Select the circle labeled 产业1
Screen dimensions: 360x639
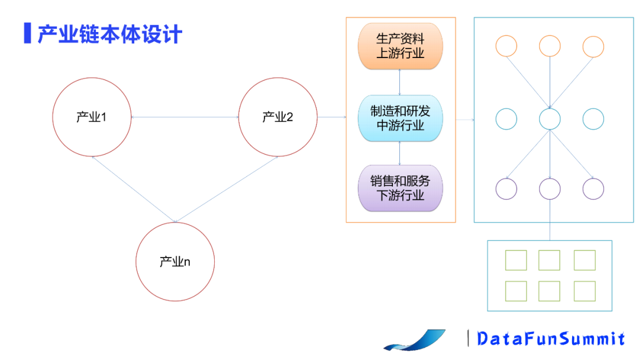tap(92, 117)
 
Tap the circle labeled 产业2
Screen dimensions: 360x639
tap(277, 117)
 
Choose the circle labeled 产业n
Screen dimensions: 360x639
tap(175, 261)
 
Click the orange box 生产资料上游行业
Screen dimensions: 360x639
tap(401, 46)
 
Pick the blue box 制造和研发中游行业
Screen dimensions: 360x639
tap(401, 118)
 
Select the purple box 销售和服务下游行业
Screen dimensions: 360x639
tap(401, 188)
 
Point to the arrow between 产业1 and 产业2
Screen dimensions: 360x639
tap(185, 117)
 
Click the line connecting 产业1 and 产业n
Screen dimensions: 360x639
tap(133, 189)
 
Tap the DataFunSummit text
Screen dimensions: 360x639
tap(550, 339)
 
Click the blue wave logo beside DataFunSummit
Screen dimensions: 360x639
tap(414, 340)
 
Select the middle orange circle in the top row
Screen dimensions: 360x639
tap(550, 47)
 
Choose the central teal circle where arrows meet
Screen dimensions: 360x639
tap(550, 119)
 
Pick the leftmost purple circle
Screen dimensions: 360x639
tap(506, 189)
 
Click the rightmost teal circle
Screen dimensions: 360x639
tap(593, 119)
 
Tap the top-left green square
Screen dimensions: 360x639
tap(516, 261)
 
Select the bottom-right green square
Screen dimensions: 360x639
tap(585, 291)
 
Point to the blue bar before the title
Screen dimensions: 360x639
tap(27, 33)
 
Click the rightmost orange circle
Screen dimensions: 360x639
tap(593, 47)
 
